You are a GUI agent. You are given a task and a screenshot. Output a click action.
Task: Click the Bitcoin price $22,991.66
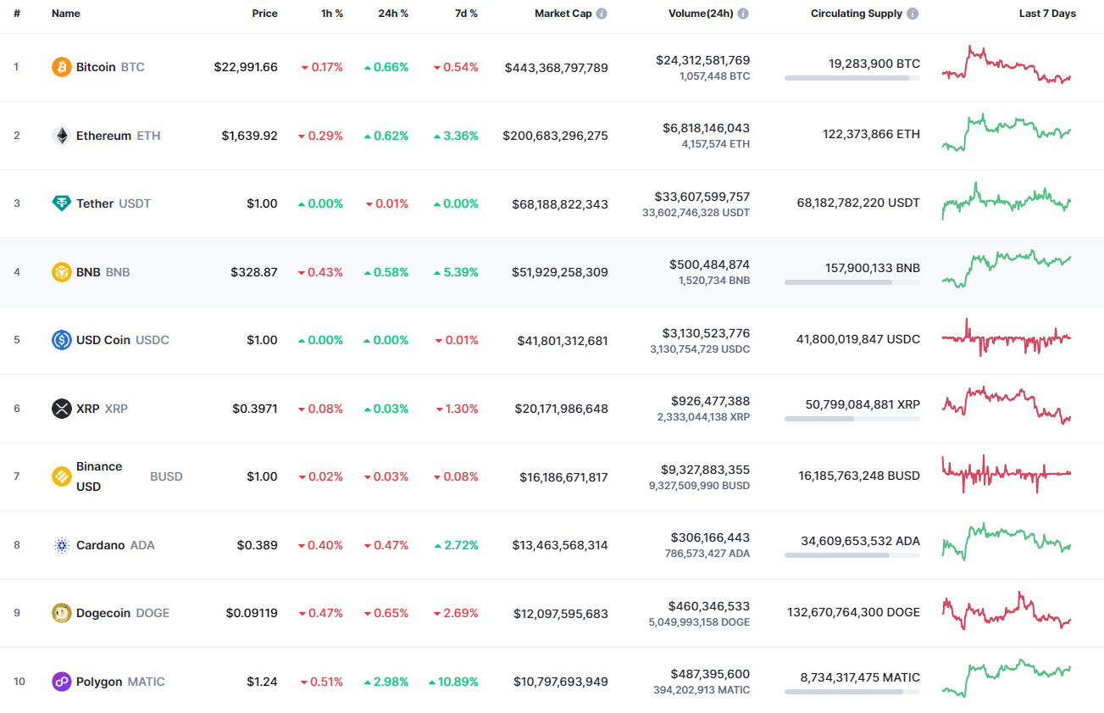tap(246, 67)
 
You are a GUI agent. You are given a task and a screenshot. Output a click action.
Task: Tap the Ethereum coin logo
tap(62, 136)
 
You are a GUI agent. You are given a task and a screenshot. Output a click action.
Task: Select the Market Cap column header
tap(563, 14)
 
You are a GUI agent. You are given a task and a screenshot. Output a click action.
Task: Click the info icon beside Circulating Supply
tap(913, 14)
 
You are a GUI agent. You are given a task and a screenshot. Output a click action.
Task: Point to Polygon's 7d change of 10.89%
tap(453, 682)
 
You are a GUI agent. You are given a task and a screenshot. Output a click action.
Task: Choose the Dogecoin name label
tap(103, 613)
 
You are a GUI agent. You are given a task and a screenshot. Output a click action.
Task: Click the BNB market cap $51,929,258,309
tap(559, 272)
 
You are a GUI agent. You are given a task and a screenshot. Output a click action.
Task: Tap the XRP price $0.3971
tap(255, 409)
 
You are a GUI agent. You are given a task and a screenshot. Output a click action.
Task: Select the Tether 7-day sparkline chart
tap(1007, 202)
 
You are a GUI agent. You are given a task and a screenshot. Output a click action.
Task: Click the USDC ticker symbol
tap(153, 340)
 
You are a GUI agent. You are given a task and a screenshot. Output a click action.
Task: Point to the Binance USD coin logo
tap(62, 476)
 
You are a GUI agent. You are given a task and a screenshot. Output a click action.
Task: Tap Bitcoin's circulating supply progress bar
tap(852, 78)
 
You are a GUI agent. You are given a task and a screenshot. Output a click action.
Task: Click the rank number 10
tap(19, 682)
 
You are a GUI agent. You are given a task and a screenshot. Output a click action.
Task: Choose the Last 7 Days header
tap(1047, 14)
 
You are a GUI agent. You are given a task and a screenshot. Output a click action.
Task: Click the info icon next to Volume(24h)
tap(743, 14)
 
